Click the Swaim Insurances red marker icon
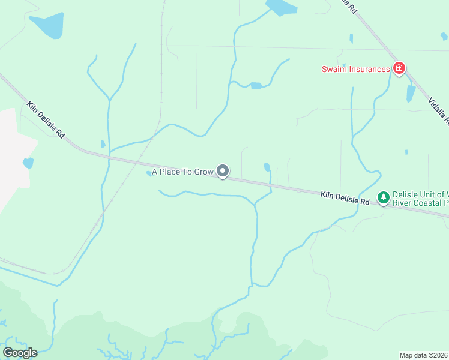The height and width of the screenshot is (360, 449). click(399, 68)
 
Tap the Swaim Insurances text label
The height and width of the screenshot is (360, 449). click(355, 69)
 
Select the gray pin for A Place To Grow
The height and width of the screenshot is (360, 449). click(223, 172)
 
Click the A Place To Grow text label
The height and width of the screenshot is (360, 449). click(182, 172)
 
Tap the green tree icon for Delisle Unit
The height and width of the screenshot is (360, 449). click(383, 197)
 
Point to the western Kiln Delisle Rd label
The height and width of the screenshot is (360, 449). click(46, 120)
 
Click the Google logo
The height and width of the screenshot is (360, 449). click(20, 352)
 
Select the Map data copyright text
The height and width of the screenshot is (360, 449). click(424, 355)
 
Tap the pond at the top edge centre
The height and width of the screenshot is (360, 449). click(281, 7)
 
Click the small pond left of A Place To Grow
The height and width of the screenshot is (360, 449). click(149, 174)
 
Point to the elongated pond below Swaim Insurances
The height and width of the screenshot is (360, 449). click(411, 94)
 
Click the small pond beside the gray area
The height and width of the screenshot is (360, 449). click(28, 163)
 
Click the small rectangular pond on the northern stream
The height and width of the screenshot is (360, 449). click(256, 86)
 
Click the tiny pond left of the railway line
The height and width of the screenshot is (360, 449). click(103, 144)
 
